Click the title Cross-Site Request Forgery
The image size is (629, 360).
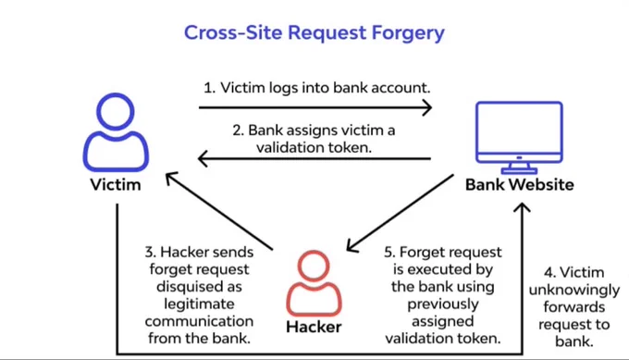[x=314, y=33]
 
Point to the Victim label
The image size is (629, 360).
[x=116, y=184]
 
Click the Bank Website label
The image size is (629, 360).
[x=520, y=184]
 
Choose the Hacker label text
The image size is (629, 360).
[x=314, y=327]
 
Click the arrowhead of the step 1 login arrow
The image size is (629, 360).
[x=426, y=107]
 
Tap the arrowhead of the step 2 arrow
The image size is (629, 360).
[x=203, y=159]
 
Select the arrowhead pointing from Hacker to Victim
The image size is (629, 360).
[x=172, y=178]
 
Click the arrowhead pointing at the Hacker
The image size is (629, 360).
[x=351, y=246]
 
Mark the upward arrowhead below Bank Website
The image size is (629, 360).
[x=523, y=207]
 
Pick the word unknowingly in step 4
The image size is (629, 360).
[x=574, y=290]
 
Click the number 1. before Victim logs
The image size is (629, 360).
[x=209, y=88]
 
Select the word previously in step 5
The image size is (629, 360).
[x=443, y=304]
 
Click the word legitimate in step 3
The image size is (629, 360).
[x=200, y=304]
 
